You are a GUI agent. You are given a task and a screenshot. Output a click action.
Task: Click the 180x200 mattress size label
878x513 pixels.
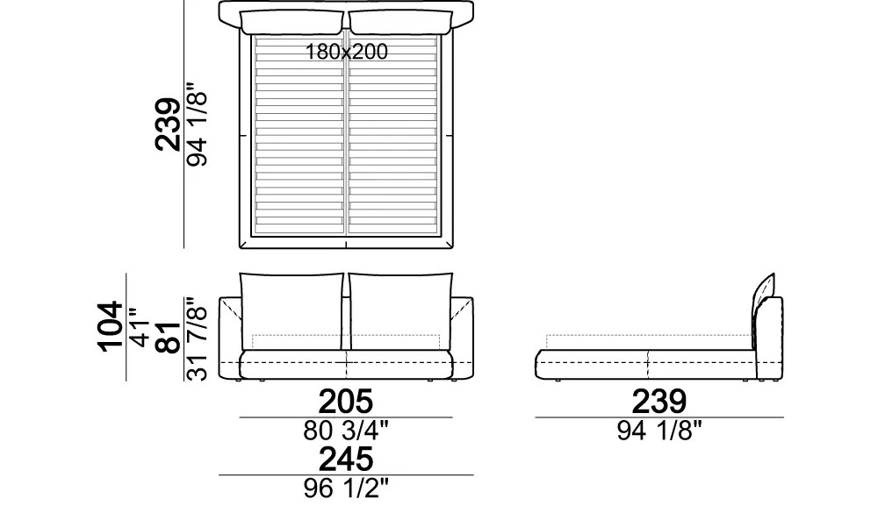point(346,52)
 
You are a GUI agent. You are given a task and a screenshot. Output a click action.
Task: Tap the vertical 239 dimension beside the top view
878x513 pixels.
point(168,125)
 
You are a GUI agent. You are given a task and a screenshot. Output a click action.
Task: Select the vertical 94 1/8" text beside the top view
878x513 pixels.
point(197,125)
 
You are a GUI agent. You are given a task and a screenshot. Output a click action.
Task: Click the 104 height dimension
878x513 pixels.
point(111,327)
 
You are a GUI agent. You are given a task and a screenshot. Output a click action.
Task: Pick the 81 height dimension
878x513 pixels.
point(168,338)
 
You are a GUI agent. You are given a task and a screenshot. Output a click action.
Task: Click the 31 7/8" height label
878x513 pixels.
point(197,339)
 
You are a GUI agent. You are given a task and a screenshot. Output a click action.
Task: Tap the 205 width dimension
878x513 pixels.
point(345,401)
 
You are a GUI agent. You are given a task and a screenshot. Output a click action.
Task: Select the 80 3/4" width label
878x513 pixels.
point(345,431)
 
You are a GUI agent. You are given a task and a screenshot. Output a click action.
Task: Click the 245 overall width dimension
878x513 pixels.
point(345,460)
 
